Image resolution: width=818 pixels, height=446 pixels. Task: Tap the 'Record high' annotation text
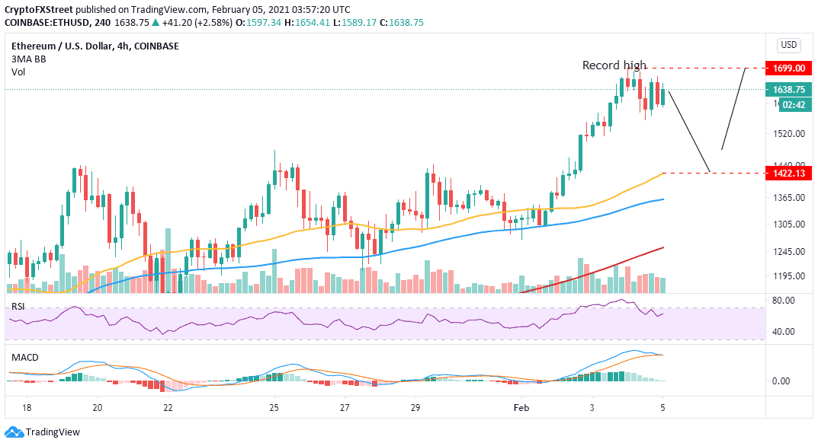(x=614, y=65)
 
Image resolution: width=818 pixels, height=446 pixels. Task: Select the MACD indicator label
(x=24, y=357)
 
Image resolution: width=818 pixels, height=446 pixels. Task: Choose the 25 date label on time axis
(x=274, y=408)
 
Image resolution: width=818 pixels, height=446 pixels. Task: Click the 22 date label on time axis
(x=168, y=408)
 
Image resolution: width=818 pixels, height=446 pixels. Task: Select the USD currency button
(x=788, y=45)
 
